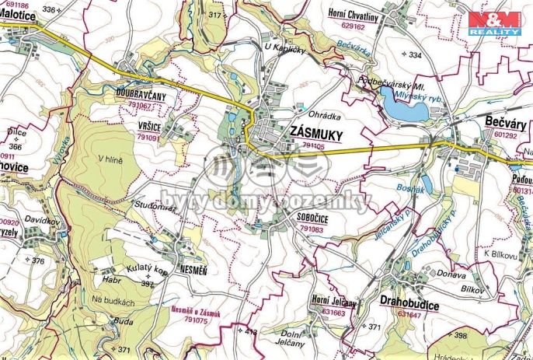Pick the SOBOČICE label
tap(313, 220)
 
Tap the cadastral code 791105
tap(313, 145)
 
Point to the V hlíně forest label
tap(110, 159)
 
